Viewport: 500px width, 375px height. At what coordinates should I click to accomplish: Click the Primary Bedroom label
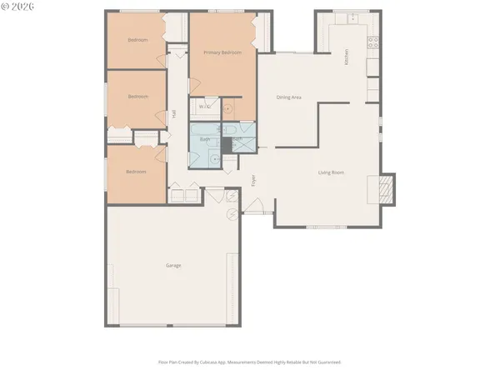[222, 52]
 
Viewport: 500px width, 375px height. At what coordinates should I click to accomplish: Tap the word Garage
[173, 266]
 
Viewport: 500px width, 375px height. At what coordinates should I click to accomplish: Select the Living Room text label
[331, 172]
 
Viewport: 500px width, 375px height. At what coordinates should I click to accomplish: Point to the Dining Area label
[289, 97]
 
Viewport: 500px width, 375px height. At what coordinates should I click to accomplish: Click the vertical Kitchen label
[347, 57]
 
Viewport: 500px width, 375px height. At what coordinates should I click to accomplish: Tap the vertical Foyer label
[254, 180]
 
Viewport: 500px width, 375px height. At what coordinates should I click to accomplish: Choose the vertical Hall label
[173, 114]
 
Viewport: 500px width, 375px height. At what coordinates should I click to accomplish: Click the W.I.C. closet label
[205, 107]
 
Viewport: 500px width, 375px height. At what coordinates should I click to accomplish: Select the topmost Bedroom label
[137, 40]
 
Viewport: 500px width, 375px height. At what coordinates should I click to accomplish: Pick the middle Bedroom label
[137, 97]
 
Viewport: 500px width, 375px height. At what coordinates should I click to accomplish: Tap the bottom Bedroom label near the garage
[136, 172]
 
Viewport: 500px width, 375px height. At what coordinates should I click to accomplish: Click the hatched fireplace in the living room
[386, 189]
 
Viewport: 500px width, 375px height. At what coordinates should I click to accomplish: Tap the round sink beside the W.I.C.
[232, 107]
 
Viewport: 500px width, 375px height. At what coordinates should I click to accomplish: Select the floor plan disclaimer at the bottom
[250, 362]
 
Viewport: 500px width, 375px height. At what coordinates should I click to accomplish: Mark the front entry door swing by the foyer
[258, 207]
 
